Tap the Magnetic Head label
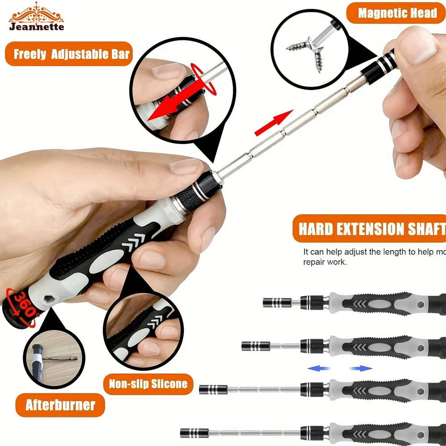[397, 13]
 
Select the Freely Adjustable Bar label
[71, 54]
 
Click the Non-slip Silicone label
[148, 383]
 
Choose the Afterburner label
[60, 405]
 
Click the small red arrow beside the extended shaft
[273, 124]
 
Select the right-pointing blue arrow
[361, 368]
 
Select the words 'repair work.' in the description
[325, 262]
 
